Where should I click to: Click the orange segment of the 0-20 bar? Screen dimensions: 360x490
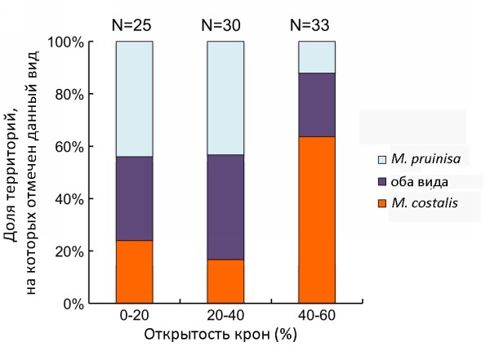(x=134, y=272)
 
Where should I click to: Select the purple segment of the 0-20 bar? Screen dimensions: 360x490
(x=134, y=198)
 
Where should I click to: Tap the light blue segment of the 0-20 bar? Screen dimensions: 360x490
(x=134, y=98)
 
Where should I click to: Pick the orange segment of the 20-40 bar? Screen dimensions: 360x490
(x=225, y=281)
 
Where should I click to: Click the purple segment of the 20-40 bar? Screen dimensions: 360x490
(x=225, y=207)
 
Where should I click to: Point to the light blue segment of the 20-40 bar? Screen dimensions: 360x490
(x=225, y=97)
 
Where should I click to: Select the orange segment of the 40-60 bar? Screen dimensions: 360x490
(x=316, y=220)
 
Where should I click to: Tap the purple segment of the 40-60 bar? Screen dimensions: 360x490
(x=316, y=104)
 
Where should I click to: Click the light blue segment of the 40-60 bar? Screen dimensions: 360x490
(x=316, y=57)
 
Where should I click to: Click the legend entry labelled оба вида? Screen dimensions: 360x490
(x=419, y=180)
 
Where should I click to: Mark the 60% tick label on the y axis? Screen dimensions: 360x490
(x=69, y=146)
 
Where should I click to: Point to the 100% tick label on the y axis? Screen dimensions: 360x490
(x=66, y=42)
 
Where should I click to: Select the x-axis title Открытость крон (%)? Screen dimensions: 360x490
(x=219, y=336)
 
